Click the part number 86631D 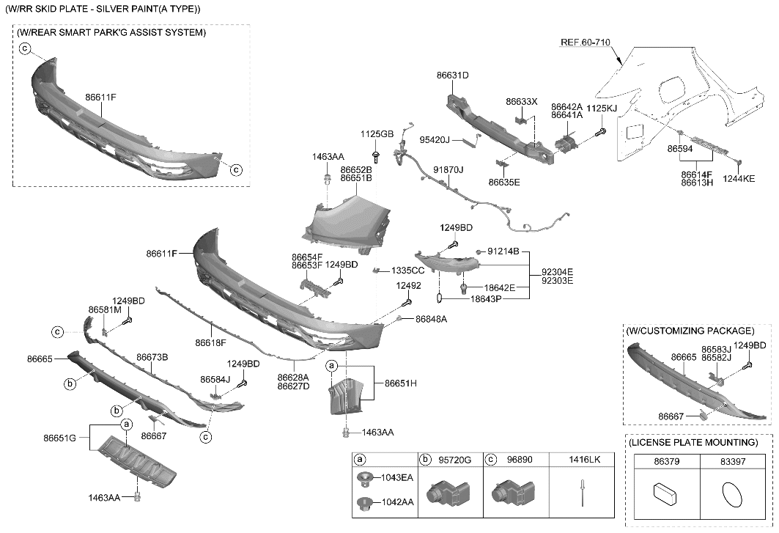(452, 76)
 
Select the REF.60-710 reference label (585, 43)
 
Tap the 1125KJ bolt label (602, 108)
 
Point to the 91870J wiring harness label (448, 170)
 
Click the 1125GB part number (377, 134)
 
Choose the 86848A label (431, 320)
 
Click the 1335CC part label (408, 271)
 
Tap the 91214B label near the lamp (503, 251)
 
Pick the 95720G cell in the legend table (454, 460)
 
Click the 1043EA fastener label (396, 478)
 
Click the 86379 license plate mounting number (666, 463)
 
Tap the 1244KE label (738, 178)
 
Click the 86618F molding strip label (210, 342)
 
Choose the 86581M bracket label (104, 310)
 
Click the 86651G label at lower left (59, 438)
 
